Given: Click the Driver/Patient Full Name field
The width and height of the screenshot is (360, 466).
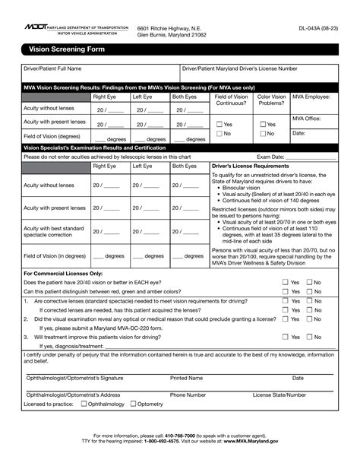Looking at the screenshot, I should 99,75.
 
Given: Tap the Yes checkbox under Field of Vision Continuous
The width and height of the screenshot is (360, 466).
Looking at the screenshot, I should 219,124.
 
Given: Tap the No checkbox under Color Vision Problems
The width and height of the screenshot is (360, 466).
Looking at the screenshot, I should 263,134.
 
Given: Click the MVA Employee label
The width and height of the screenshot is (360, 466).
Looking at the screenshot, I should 311,97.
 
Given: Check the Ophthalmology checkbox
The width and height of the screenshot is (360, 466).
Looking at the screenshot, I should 84,404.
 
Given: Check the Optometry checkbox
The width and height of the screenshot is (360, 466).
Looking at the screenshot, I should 132,404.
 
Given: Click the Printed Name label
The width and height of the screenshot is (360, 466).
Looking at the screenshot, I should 186,378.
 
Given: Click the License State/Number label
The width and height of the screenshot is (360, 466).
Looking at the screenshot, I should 279,395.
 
